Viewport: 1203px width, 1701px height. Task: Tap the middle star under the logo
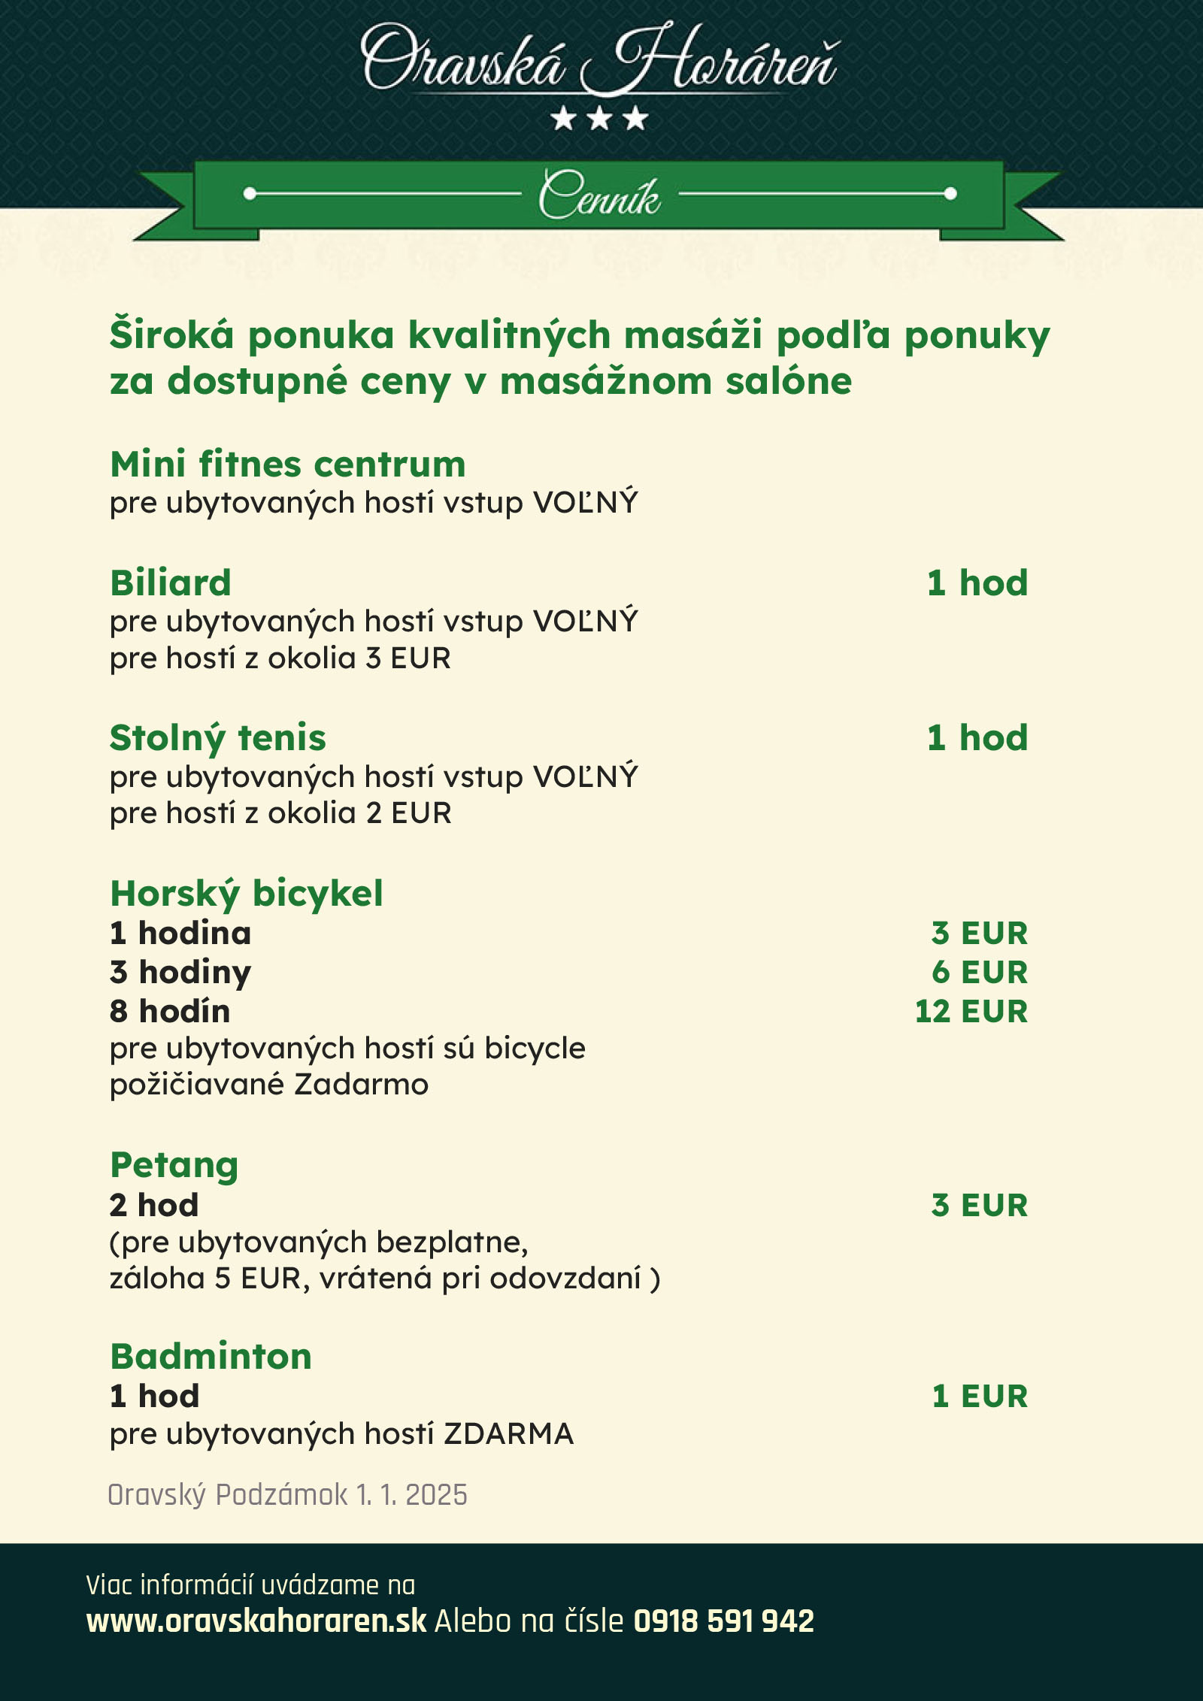point(599,118)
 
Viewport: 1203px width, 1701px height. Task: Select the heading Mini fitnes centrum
point(288,464)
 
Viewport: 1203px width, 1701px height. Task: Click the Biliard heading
point(171,583)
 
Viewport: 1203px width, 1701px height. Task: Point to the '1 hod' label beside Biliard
point(977,583)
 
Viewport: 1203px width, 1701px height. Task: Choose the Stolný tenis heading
point(218,738)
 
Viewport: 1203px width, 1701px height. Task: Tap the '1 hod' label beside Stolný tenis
point(977,738)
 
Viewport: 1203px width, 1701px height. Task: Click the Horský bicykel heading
point(247,894)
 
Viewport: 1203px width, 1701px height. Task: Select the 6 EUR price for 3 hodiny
point(979,972)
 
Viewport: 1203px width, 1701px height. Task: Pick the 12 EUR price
point(971,1011)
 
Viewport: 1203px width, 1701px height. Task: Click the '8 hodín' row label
point(170,1011)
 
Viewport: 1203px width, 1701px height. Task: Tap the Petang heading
point(174,1165)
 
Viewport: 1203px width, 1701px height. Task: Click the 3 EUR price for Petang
point(979,1205)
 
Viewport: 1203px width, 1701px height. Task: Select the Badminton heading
point(211,1357)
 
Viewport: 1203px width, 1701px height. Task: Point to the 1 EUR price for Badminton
point(979,1396)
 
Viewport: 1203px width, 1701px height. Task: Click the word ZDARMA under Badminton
point(508,1433)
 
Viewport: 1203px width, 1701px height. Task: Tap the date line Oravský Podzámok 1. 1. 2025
point(287,1494)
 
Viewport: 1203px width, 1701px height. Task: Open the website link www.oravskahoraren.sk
point(256,1621)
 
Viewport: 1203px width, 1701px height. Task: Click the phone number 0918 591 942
point(723,1621)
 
